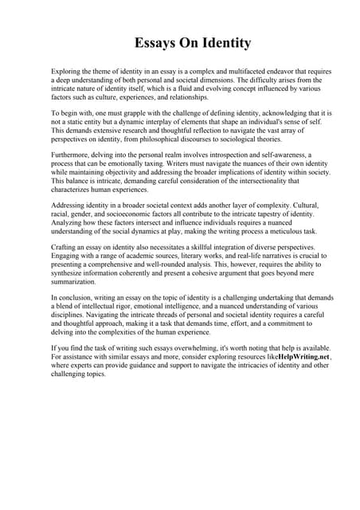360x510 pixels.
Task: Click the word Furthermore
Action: click(x=72, y=156)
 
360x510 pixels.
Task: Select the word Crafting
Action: click(x=65, y=249)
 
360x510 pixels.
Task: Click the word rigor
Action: click(x=147, y=307)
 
